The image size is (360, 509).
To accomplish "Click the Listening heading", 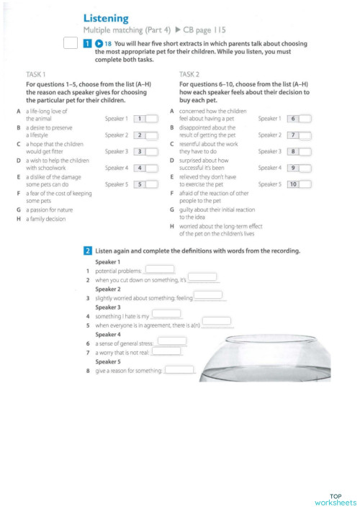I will [106, 18].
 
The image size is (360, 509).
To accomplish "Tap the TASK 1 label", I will [36, 74].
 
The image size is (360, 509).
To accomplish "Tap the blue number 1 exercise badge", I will [88, 44].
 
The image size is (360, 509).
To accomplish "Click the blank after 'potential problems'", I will [161, 269].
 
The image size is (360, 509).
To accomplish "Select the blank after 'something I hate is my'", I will [166, 314].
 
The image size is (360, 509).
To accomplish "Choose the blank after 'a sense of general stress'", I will [172, 341].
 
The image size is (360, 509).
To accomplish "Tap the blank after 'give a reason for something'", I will [180, 370].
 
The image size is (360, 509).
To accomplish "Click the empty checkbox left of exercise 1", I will [69, 45].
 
